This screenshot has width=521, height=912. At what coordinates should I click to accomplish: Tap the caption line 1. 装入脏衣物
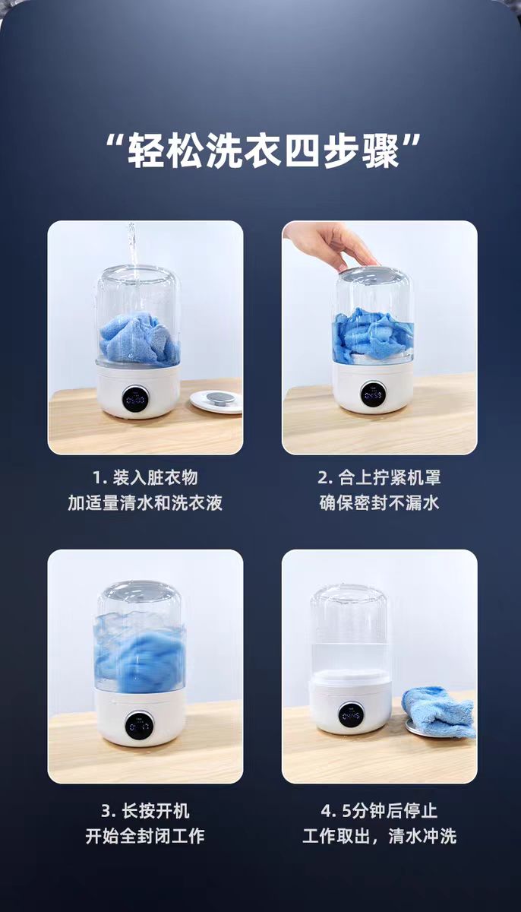click(x=145, y=477)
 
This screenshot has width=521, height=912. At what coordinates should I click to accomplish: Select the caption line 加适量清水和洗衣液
click(x=145, y=503)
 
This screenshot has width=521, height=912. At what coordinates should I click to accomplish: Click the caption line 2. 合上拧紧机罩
click(x=379, y=477)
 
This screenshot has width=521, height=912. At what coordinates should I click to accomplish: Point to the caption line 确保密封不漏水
click(x=379, y=503)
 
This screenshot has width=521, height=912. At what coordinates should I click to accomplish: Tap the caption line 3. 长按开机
click(x=145, y=811)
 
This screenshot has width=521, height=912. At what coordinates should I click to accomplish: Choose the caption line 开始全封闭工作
click(x=145, y=837)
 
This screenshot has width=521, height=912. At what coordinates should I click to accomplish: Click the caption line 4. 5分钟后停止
click(x=379, y=811)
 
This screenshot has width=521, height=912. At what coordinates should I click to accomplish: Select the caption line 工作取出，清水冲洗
click(x=379, y=837)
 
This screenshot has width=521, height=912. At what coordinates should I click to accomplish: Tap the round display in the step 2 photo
click(x=373, y=394)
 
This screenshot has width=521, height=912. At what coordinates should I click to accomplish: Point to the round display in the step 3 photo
click(x=139, y=727)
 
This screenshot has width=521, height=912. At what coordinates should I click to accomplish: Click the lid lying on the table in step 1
click(x=216, y=401)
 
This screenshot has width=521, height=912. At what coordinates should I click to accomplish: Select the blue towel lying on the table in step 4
click(x=438, y=711)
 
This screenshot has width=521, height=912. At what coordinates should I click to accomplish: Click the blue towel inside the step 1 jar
click(x=139, y=339)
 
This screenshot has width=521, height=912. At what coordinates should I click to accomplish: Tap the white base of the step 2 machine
click(x=373, y=388)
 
